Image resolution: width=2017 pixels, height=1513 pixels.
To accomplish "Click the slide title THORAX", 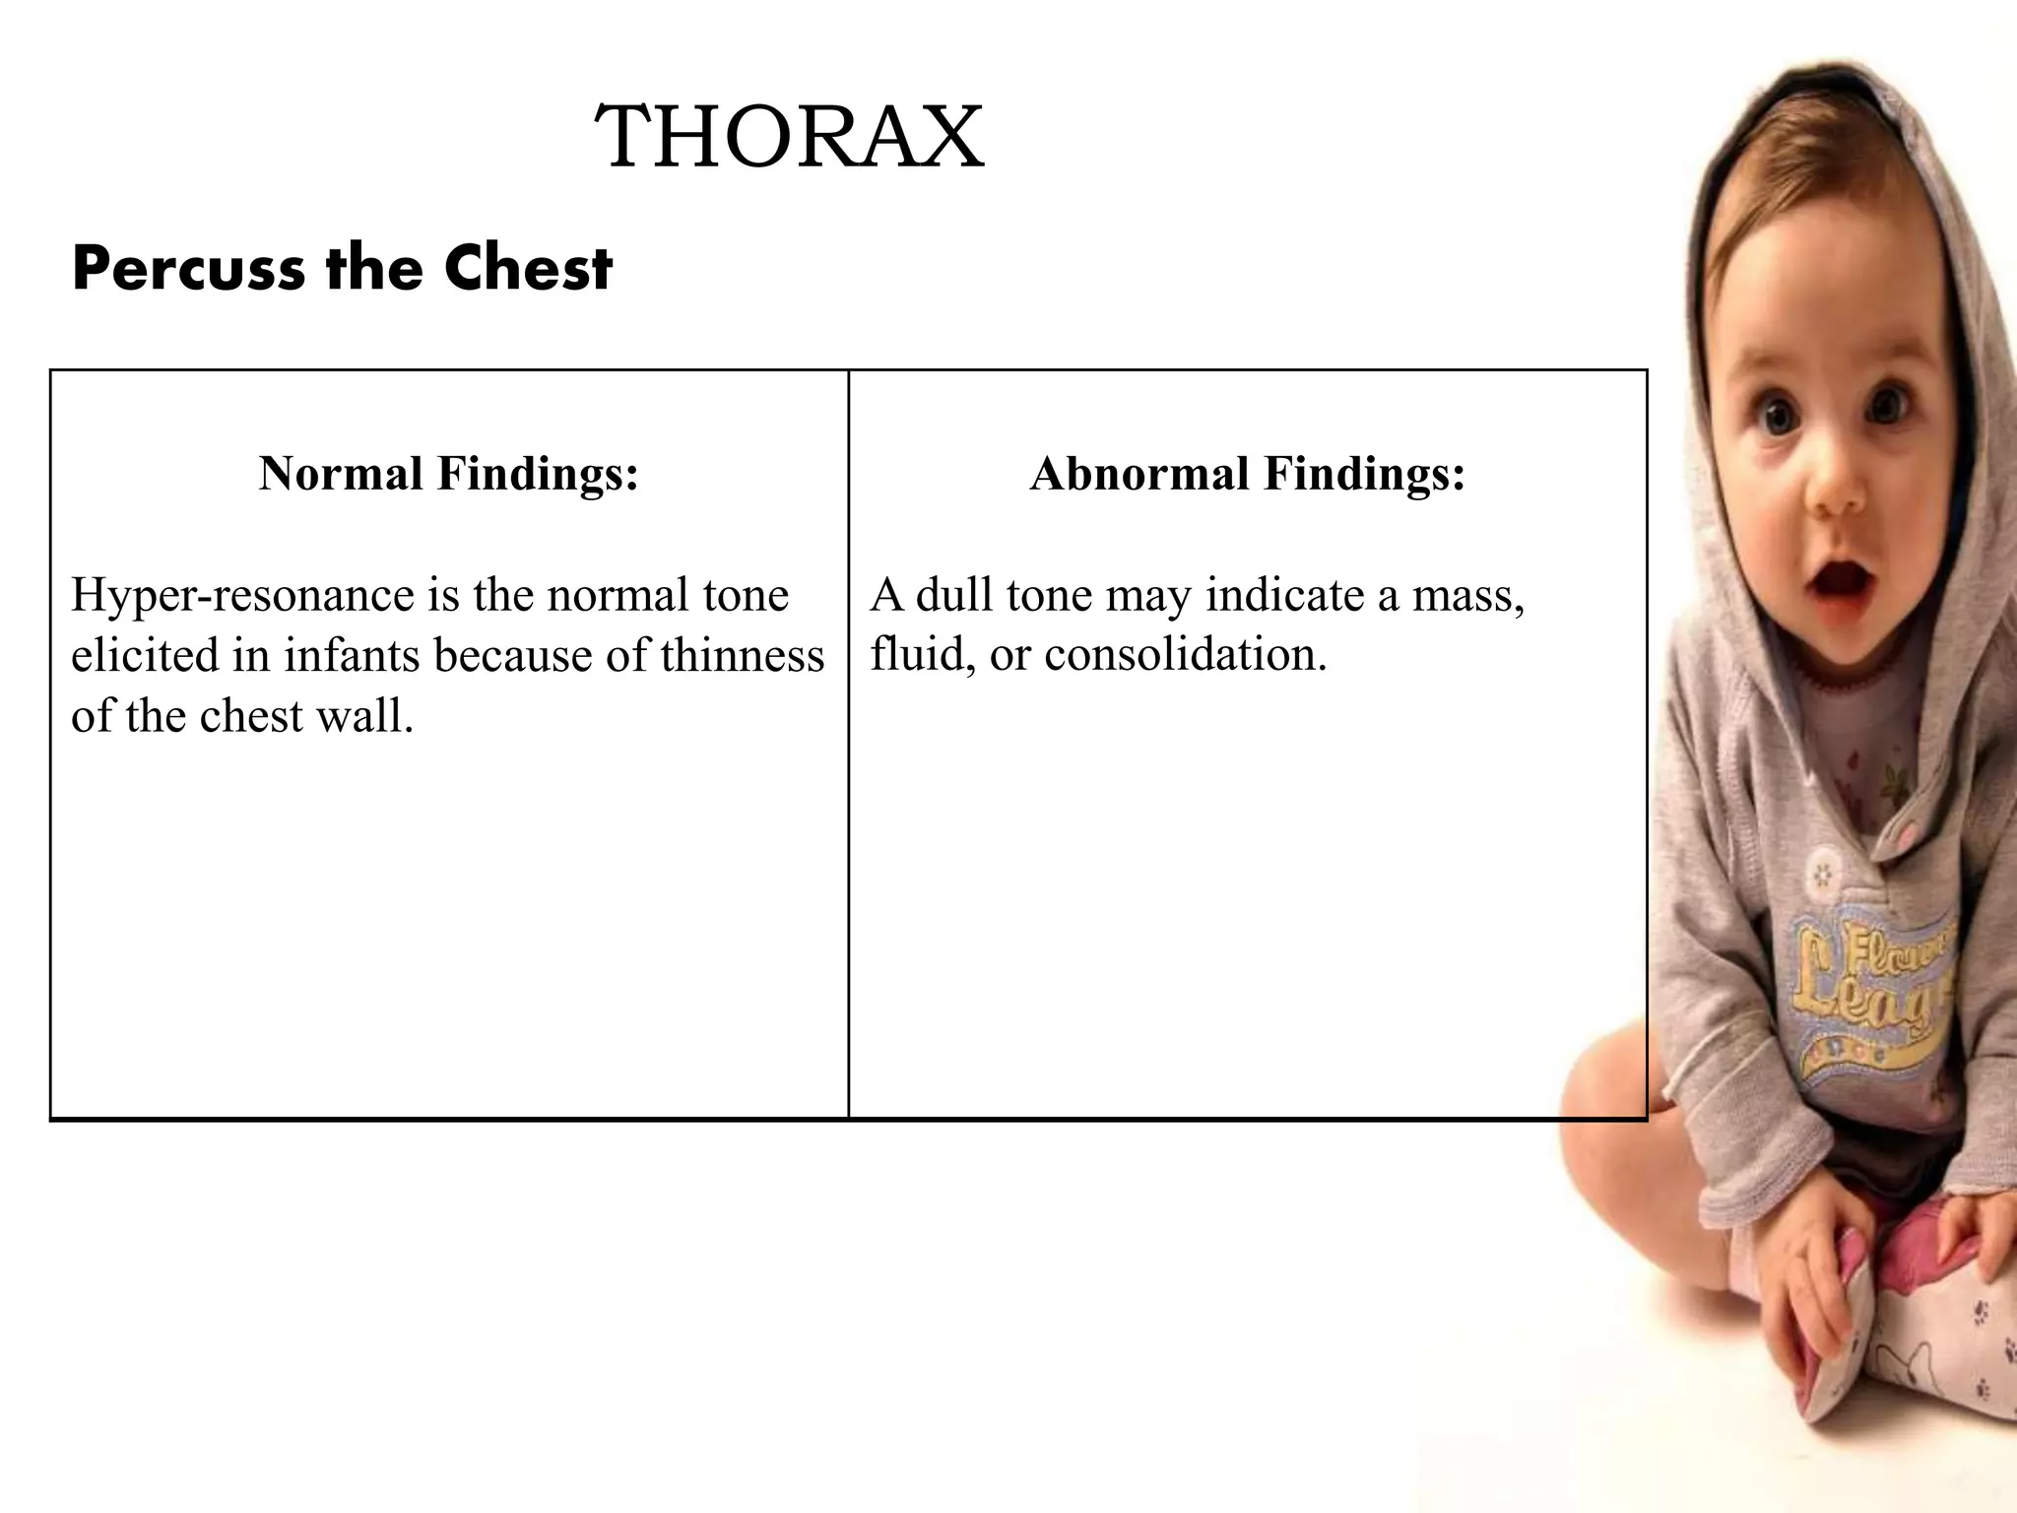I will click(x=790, y=138).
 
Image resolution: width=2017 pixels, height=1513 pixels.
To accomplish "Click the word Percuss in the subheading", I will click(x=188, y=268).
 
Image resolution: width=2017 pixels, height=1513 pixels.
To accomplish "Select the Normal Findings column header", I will click(x=449, y=474).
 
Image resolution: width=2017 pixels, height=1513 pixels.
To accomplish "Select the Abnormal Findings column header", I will click(x=1248, y=474).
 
